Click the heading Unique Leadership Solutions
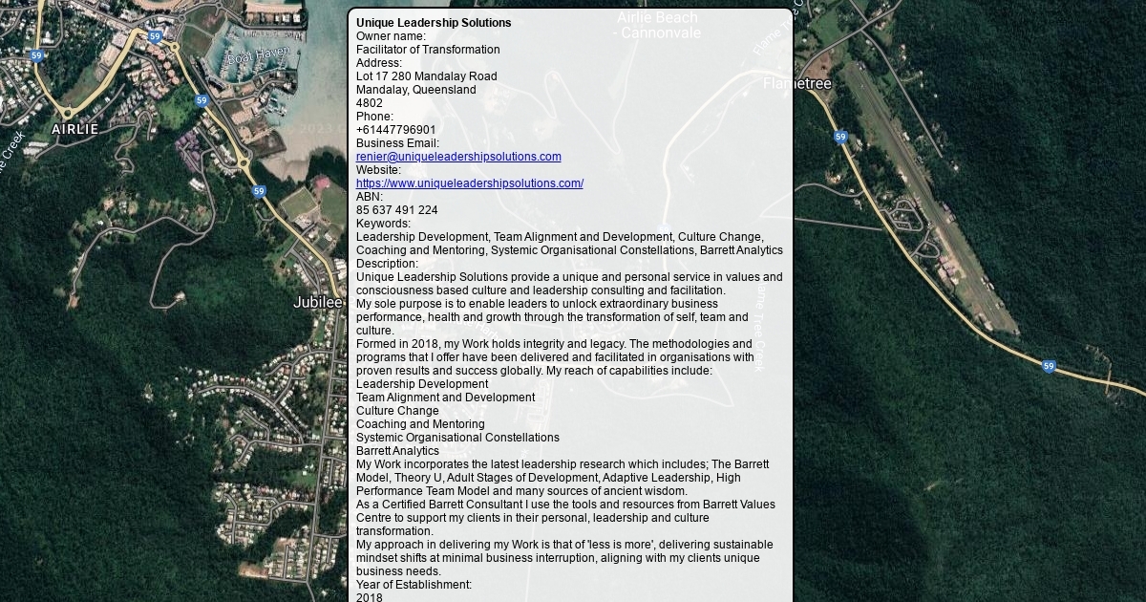click(x=434, y=23)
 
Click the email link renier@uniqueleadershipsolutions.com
click(x=458, y=157)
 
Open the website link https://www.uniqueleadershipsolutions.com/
click(x=469, y=183)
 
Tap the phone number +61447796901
click(x=395, y=130)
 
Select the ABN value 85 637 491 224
click(x=396, y=210)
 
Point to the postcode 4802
click(x=369, y=103)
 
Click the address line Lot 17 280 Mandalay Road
click(x=426, y=76)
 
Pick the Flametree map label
click(x=796, y=84)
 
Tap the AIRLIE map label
click(x=74, y=129)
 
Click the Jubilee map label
click(x=317, y=303)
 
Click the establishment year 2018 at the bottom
click(x=369, y=597)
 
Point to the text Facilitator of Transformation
click(x=428, y=50)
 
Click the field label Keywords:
click(x=383, y=224)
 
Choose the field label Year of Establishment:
click(x=414, y=585)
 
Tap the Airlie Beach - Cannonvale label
click(x=658, y=25)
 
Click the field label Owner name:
click(x=391, y=36)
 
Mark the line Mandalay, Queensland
click(x=415, y=90)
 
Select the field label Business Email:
click(x=397, y=143)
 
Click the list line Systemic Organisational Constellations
click(x=457, y=438)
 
